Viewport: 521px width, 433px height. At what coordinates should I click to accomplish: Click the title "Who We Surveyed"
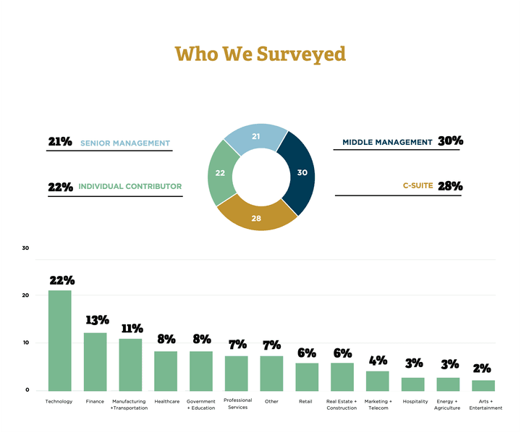click(260, 54)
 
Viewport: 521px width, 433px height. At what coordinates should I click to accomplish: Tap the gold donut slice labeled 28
click(257, 218)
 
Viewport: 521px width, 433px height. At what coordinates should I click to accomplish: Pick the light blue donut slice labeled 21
click(255, 137)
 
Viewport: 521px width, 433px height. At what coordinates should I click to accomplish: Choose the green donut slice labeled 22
click(219, 174)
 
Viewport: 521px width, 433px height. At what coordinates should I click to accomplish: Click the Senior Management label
click(125, 143)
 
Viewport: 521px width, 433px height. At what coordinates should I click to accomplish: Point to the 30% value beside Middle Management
click(450, 141)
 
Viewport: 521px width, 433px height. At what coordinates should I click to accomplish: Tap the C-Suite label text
click(418, 186)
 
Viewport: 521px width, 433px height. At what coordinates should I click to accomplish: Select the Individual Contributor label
click(130, 187)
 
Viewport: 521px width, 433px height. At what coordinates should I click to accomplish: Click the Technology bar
click(59, 340)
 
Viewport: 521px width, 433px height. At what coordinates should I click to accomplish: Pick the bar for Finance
click(95, 361)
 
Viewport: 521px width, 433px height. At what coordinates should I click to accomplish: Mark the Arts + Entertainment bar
click(483, 385)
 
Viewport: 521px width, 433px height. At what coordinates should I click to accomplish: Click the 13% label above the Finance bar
click(97, 320)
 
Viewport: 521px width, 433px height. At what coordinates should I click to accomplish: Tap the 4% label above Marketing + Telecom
click(378, 360)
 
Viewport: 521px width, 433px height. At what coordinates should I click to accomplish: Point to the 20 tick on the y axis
click(25, 295)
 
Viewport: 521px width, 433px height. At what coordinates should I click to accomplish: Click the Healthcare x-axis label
click(166, 401)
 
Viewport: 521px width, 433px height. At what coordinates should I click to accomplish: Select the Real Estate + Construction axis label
click(342, 404)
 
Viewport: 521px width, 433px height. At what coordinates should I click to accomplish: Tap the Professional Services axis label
click(237, 403)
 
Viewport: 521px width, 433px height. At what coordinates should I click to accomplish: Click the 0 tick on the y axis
click(27, 390)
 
